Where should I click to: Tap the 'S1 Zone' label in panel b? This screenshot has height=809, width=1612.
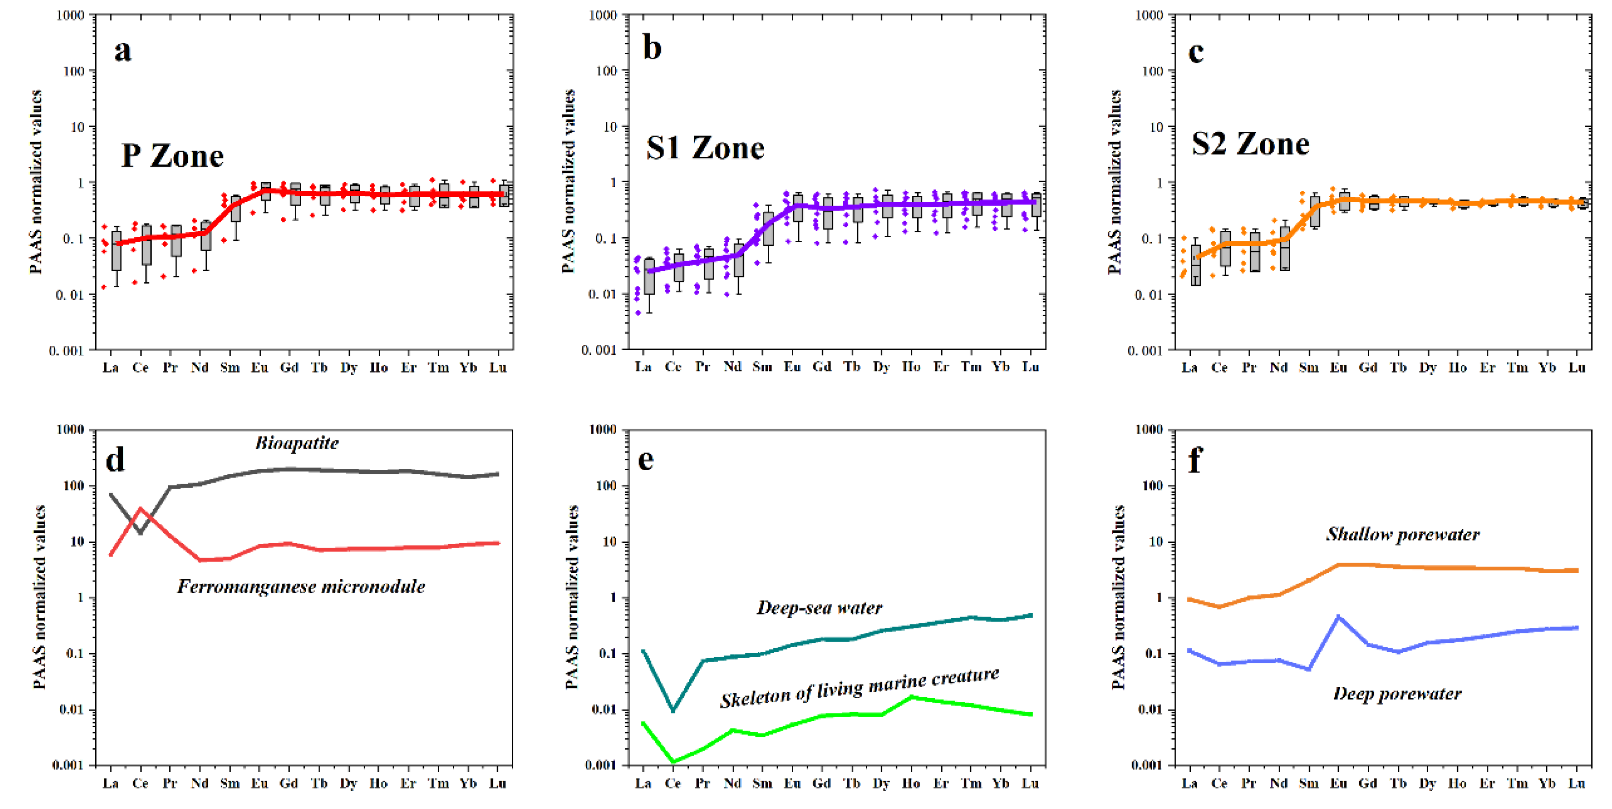tap(705, 148)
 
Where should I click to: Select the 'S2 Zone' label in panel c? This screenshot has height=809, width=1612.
tap(1250, 144)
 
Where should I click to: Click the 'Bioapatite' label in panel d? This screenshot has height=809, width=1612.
tap(297, 443)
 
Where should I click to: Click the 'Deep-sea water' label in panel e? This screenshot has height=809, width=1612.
tap(819, 608)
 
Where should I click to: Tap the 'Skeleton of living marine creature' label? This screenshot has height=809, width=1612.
tap(859, 688)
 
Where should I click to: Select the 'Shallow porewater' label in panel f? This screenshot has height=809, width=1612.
tap(1402, 534)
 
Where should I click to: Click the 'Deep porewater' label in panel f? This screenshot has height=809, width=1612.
tap(1397, 693)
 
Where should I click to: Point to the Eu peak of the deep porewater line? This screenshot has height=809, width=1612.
tap(1338, 617)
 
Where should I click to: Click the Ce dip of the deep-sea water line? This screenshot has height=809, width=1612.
tap(673, 710)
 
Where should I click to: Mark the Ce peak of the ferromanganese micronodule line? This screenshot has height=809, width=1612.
tap(140, 509)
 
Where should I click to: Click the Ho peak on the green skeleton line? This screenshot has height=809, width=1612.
tap(911, 696)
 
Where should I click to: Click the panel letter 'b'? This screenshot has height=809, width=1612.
tap(652, 48)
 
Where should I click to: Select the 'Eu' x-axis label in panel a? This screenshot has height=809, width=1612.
tap(259, 367)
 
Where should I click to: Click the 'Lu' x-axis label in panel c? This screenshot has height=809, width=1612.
tap(1576, 367)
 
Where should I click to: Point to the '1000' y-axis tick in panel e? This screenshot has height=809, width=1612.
tap(603, 429)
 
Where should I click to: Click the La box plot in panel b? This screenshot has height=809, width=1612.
tap(649, 276)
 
